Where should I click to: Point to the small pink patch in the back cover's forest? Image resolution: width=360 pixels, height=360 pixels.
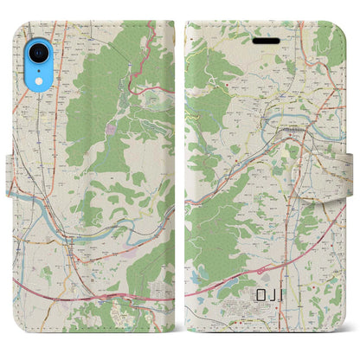[x=110, y=130]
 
